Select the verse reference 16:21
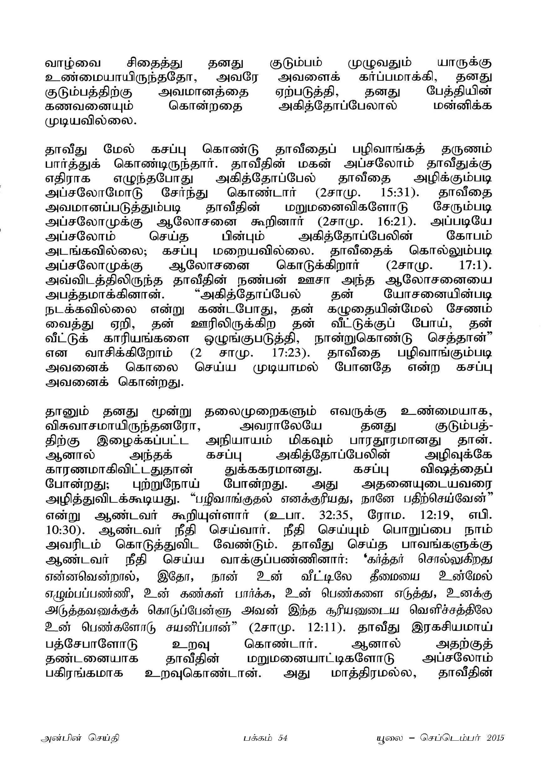click(394, 222)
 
